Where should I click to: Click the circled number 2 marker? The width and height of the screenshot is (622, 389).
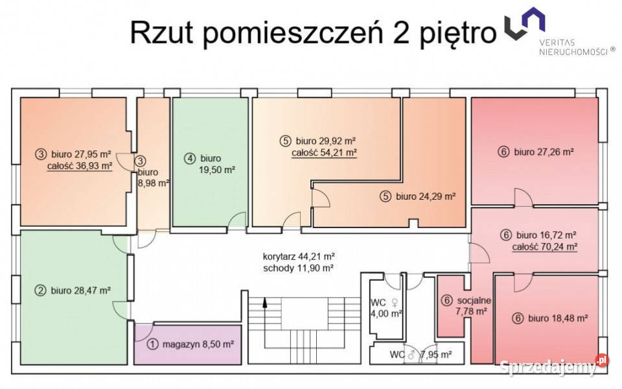point(40,290)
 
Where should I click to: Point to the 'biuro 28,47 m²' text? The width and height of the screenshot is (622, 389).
point(81,290)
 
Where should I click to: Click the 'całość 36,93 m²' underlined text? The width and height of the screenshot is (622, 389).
point(80,166)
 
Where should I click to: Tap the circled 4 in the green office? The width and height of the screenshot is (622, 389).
point(189,158)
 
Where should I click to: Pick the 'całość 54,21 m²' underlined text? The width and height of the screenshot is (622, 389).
point(325,153)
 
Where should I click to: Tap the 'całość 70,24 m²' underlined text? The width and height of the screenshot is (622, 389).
point(544,246)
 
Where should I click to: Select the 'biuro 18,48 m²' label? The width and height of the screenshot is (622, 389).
point(558,318)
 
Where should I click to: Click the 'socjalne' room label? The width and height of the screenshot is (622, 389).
point(474,300)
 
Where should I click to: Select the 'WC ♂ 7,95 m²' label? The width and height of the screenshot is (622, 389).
point(421,355)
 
